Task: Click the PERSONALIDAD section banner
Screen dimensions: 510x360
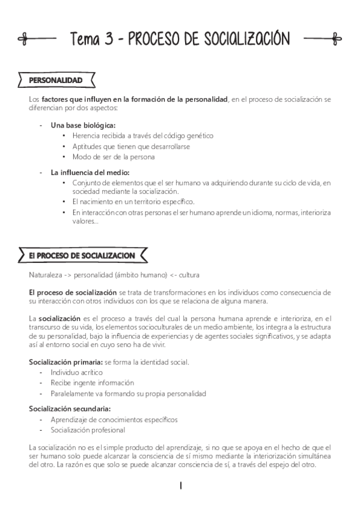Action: click(x=56, y=80)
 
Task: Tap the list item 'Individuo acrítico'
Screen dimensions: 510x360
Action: click(x=76, y=372)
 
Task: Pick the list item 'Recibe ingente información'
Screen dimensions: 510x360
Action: click(x=92, y=382)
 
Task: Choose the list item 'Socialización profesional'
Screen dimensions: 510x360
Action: click(x=88, y=430)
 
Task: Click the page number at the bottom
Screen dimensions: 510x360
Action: click(x=180, y=485)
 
